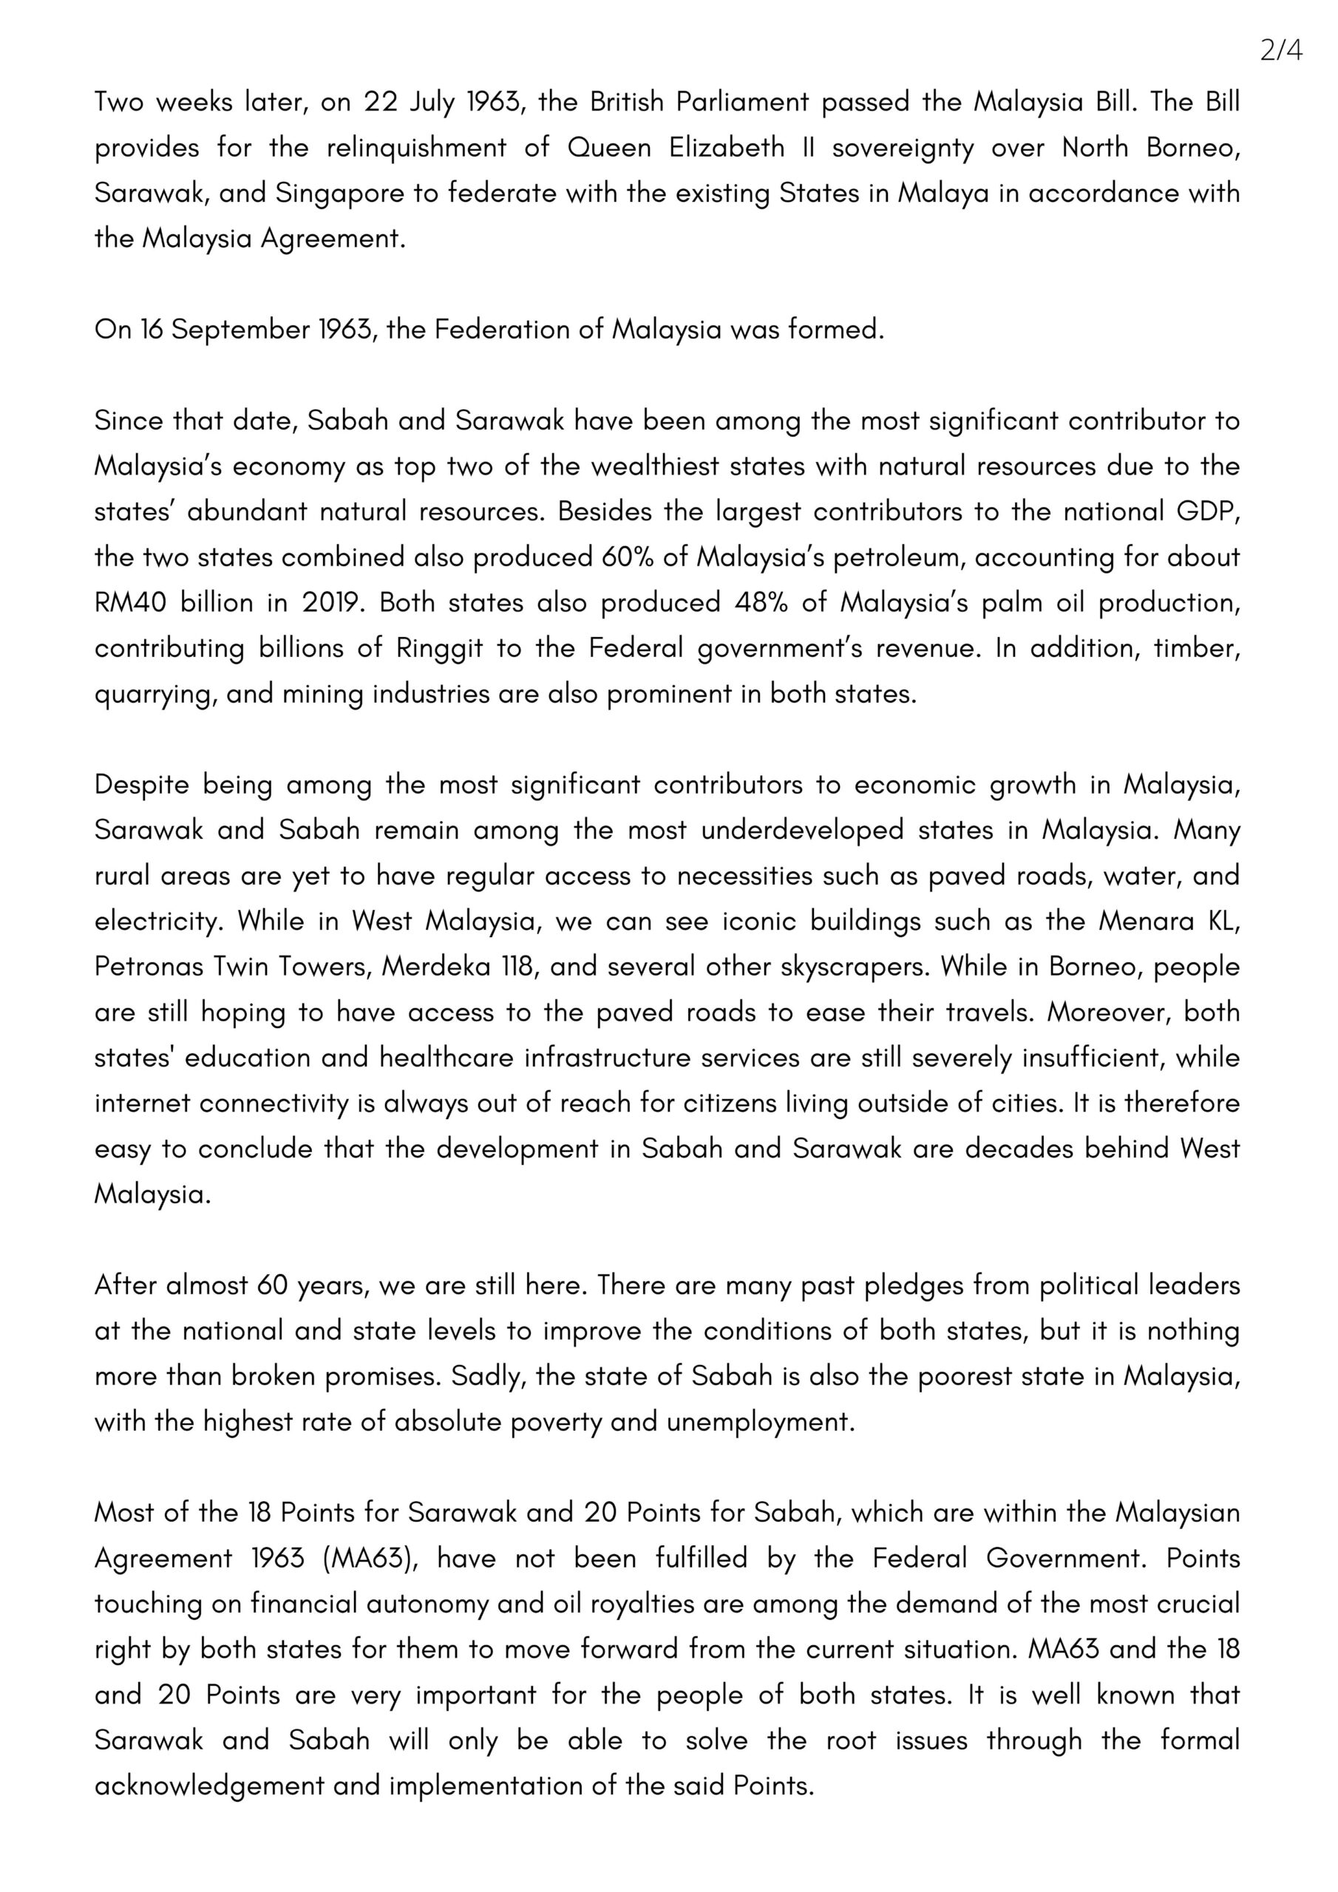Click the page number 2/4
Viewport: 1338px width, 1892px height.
[1280, 51]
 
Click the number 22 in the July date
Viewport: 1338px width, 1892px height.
[381, 102]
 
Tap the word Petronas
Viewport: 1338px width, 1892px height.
[149, 966]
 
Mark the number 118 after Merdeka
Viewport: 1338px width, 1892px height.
[518, 966]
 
